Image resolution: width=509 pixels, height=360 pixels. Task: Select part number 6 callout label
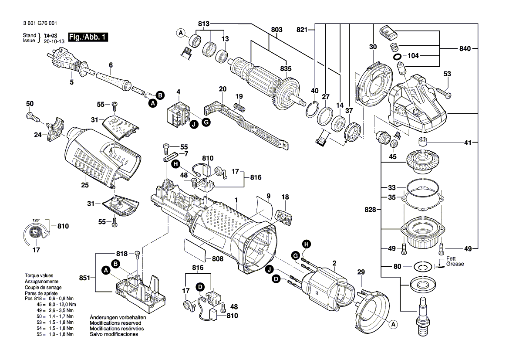[111, 65]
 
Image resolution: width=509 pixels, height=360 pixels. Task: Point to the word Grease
[455, 264]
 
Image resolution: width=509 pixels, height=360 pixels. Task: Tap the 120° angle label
[36, 220]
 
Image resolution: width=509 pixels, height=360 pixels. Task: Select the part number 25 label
[84, 185]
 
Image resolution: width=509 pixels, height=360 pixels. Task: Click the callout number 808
[217, 259]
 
